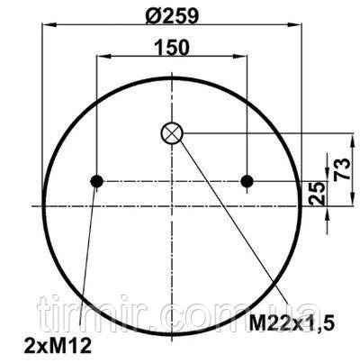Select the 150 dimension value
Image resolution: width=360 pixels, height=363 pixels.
pos(172,47)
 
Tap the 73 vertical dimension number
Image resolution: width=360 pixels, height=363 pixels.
pos(344,168)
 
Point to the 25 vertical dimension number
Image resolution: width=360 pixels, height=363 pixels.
pos(318,194)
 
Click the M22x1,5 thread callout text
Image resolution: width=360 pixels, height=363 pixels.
pos(292,323)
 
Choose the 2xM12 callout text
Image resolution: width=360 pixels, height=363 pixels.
pos(58,346)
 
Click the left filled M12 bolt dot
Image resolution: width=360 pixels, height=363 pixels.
pos(96,181)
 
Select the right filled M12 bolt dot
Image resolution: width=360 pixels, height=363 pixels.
pos(247,181)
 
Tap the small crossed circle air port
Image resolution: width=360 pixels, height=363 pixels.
pos(172,133)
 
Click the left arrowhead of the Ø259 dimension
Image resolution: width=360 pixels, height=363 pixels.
pos(49,25)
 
